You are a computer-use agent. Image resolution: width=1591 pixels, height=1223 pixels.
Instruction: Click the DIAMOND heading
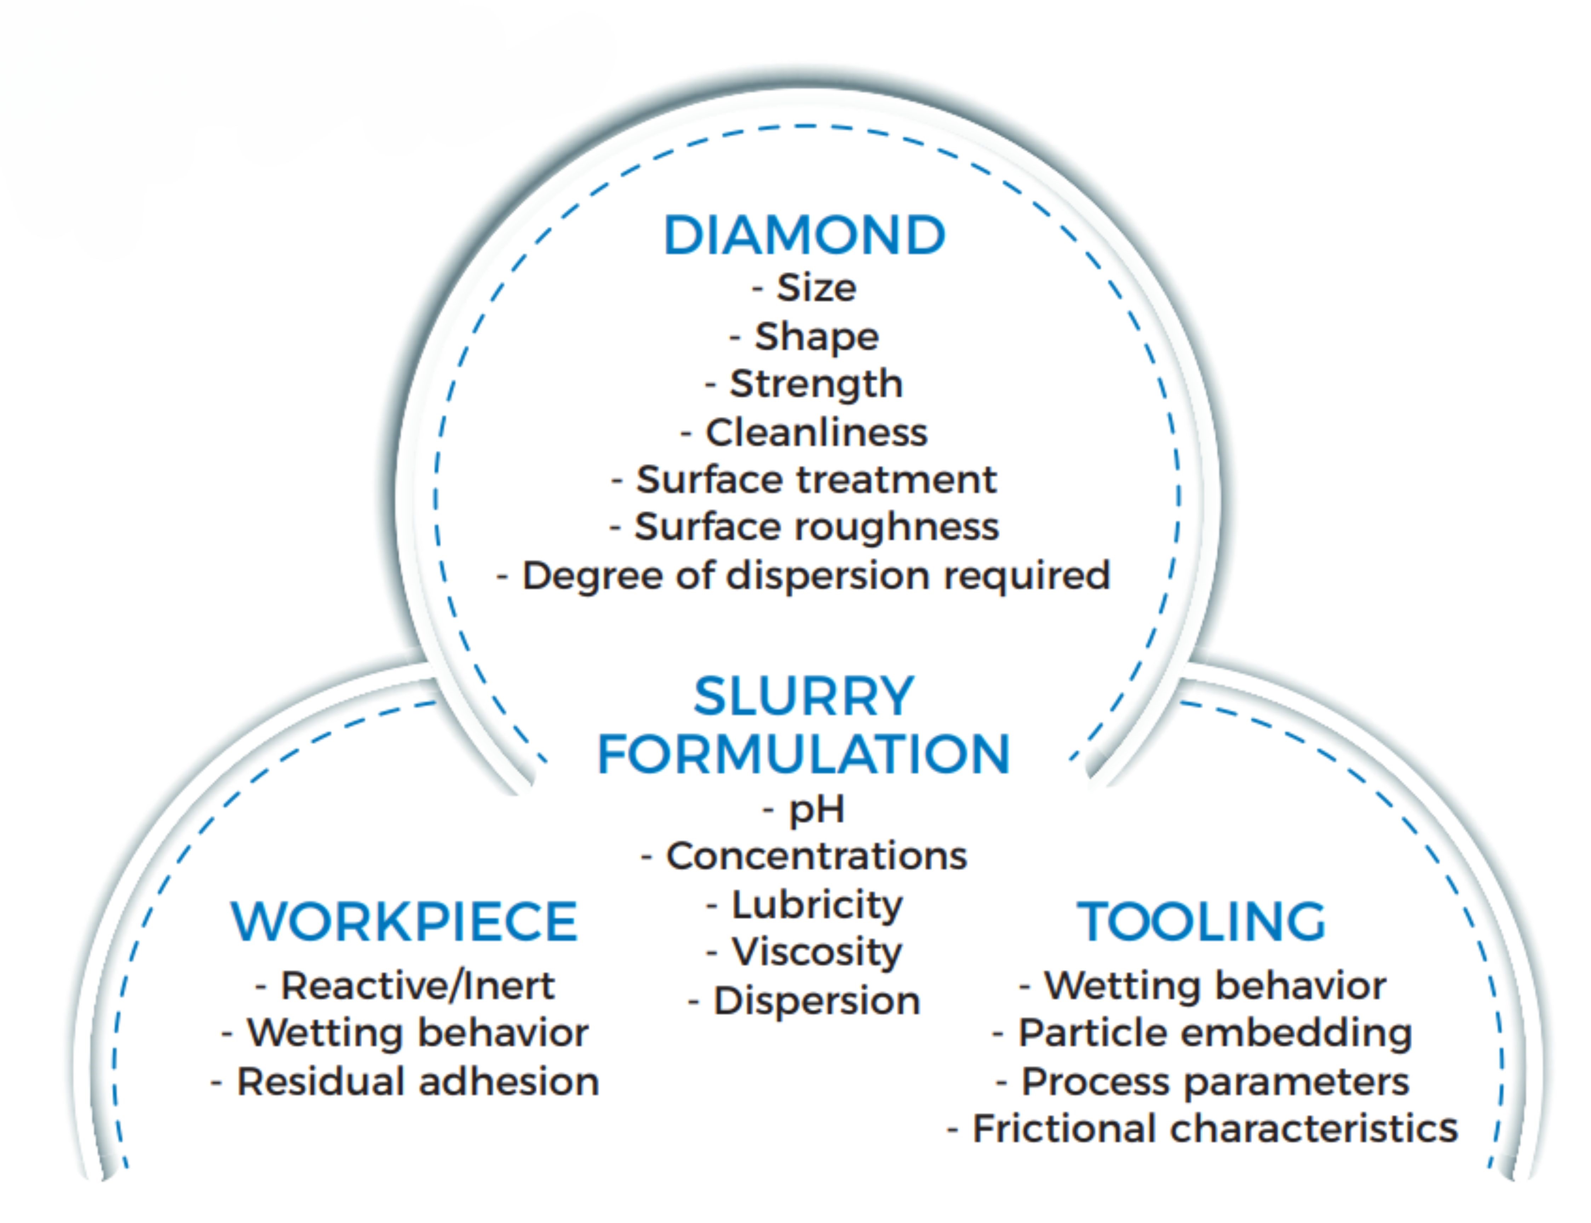(x=804, y=235)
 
